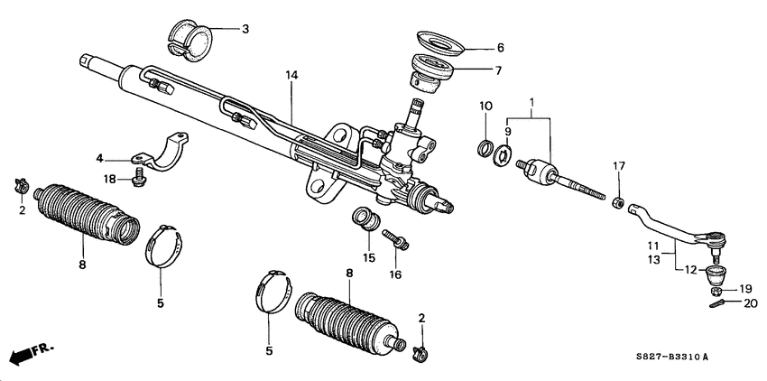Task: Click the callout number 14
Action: coord(291,79)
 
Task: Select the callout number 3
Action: coord(245,29)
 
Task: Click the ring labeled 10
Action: coord(485,148)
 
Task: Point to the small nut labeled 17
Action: coord(617,200)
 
